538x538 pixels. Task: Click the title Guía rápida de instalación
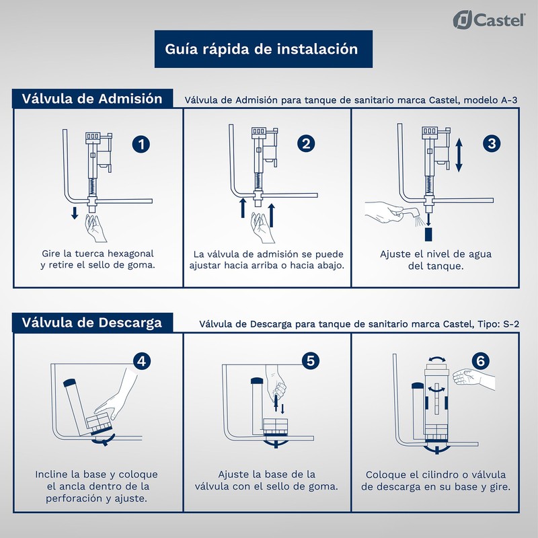click(x=261, y=49)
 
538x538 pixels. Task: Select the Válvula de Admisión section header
click(x=92, y=98)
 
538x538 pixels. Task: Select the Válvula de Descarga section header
click(x=92, y=322)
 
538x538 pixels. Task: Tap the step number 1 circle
click(x=141, y=144)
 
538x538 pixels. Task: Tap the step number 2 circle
click(x=306, y=144)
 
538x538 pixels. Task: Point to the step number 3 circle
click(x=492, y=144)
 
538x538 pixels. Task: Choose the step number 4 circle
click(x=141, y=361)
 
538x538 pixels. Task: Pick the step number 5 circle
click(x=310, y=361)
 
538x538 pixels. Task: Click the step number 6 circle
click(x=479, y=361)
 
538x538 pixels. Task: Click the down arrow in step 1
click(x=75, y=213)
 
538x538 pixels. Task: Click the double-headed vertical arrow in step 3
click(x=459, y=155)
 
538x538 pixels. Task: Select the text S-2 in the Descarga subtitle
click(x=512, y=324)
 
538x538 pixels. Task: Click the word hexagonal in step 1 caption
click(x=128, y=254)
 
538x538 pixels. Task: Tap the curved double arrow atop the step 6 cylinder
click(x=434, y=360)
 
